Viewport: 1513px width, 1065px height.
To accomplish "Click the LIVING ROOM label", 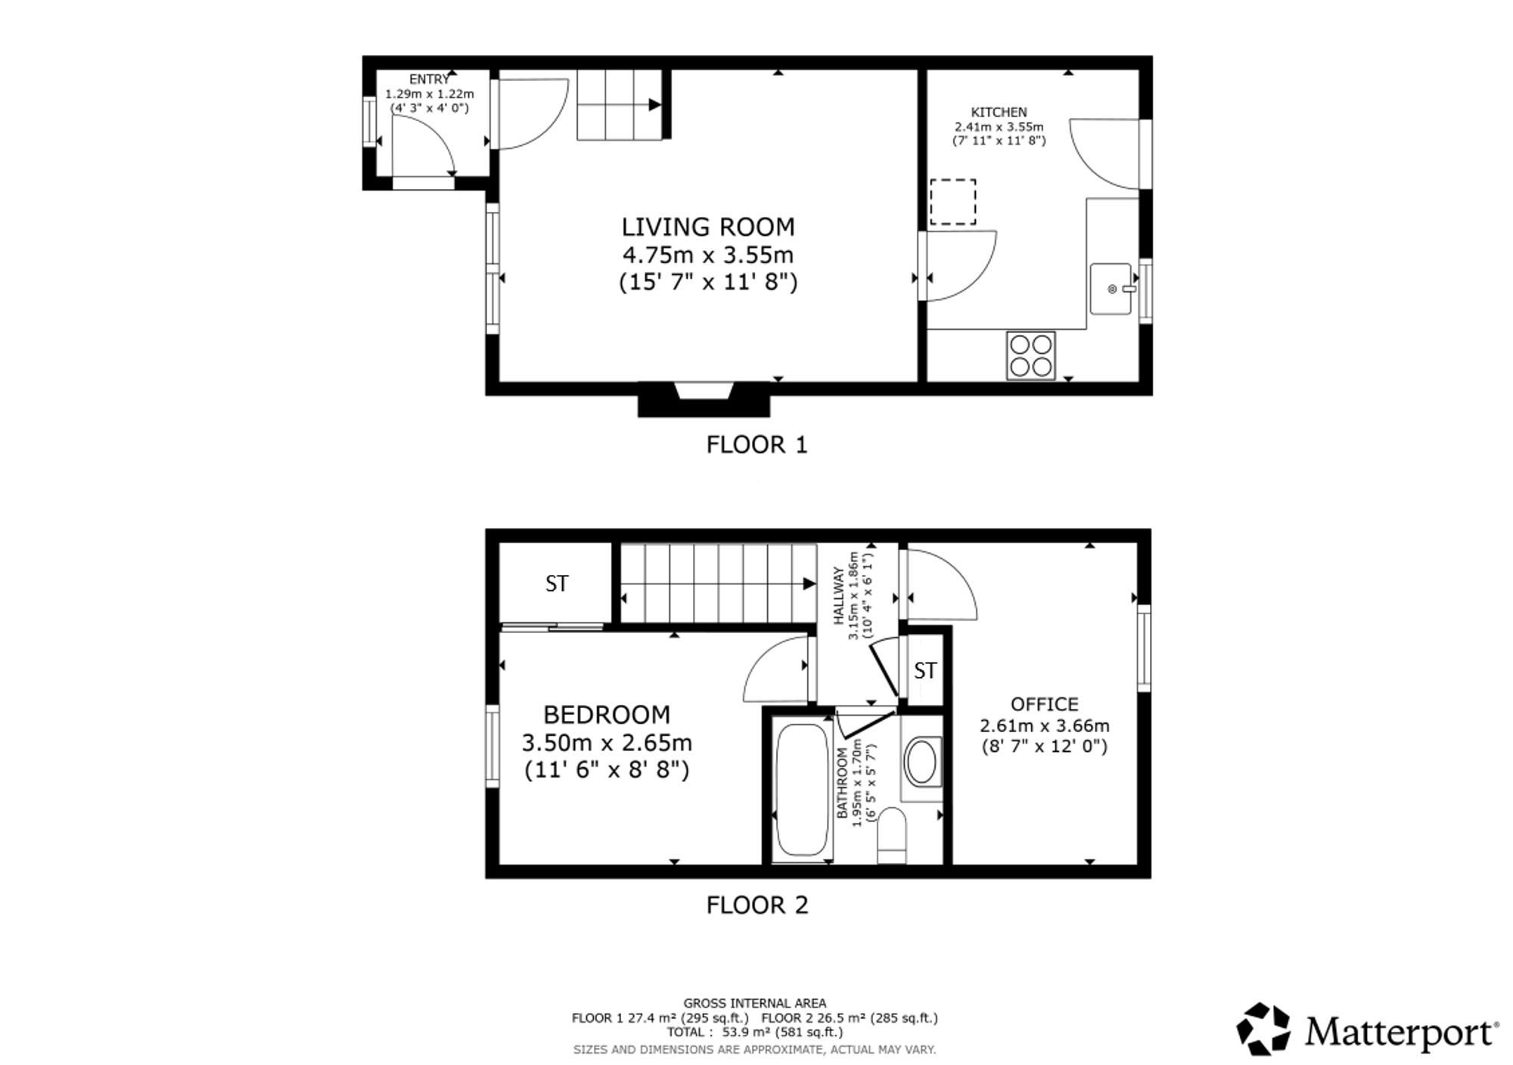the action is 708,227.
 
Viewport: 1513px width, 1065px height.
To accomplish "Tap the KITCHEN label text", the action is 999,113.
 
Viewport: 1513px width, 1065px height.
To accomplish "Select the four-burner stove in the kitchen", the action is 1030,356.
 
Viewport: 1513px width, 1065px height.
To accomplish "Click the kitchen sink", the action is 1111,288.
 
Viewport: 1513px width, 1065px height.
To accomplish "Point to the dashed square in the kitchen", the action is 952,202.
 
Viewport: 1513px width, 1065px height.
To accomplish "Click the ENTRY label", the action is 429,79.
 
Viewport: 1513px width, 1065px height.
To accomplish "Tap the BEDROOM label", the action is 607,715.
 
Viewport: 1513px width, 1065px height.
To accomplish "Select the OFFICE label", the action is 1045,704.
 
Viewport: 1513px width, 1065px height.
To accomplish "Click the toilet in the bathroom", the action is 892,834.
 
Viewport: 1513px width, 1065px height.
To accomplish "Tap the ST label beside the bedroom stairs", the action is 557,584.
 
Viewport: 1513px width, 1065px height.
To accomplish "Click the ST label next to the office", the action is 925,671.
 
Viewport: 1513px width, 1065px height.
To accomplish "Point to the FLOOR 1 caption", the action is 757,445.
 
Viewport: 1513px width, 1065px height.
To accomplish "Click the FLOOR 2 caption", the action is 757,905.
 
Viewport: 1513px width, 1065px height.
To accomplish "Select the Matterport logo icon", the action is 1263,1029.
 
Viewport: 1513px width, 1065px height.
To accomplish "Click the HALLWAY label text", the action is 838,596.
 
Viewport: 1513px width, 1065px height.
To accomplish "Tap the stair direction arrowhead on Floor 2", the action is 809,584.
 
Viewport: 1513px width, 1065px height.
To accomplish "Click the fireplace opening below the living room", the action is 704,391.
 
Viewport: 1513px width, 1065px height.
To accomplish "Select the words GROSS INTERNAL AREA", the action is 755,1004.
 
